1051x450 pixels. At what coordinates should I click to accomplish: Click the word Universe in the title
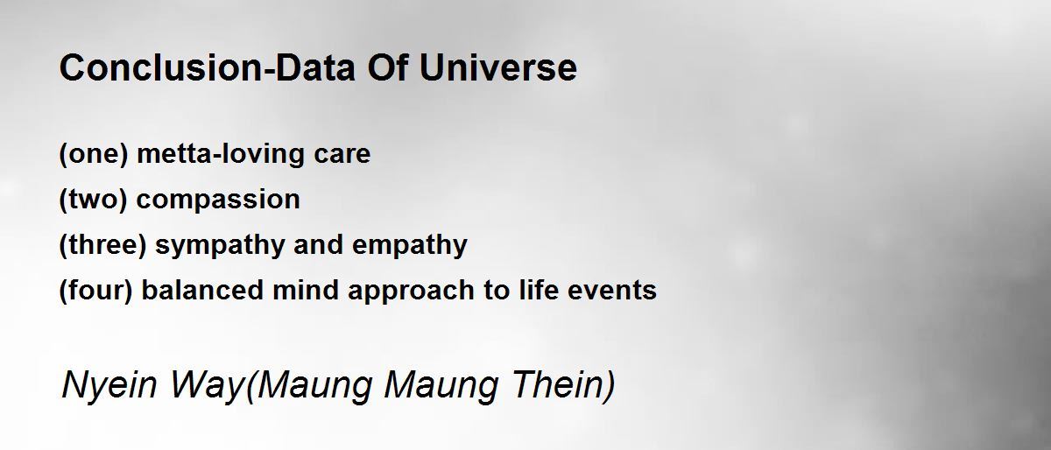pyautogui.click(x=497, y=67)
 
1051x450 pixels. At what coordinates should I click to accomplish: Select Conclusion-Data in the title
pyautogui.click(x=208, y=67)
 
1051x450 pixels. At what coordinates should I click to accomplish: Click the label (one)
pyautogui.click(x=94, y=154)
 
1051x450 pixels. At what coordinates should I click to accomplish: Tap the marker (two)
pyautogui.click(x=94, y=200)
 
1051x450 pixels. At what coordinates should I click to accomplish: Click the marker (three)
pyautogui.click(x=103, y=245)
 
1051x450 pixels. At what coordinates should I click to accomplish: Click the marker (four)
pyautogui.click(x=96, y=291)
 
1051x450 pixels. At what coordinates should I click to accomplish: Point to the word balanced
pyautogui.click(x=202, y=290)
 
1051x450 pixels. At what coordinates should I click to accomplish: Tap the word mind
pyautogui.click(x=306, y=290)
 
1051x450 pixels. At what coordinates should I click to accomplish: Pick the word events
pyautogui.click(x=612, y=291)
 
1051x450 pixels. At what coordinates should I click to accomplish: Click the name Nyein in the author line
pyautogui.click(x=109, y=385)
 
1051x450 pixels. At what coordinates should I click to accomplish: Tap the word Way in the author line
pyautogui.click(x=207, y=385)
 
